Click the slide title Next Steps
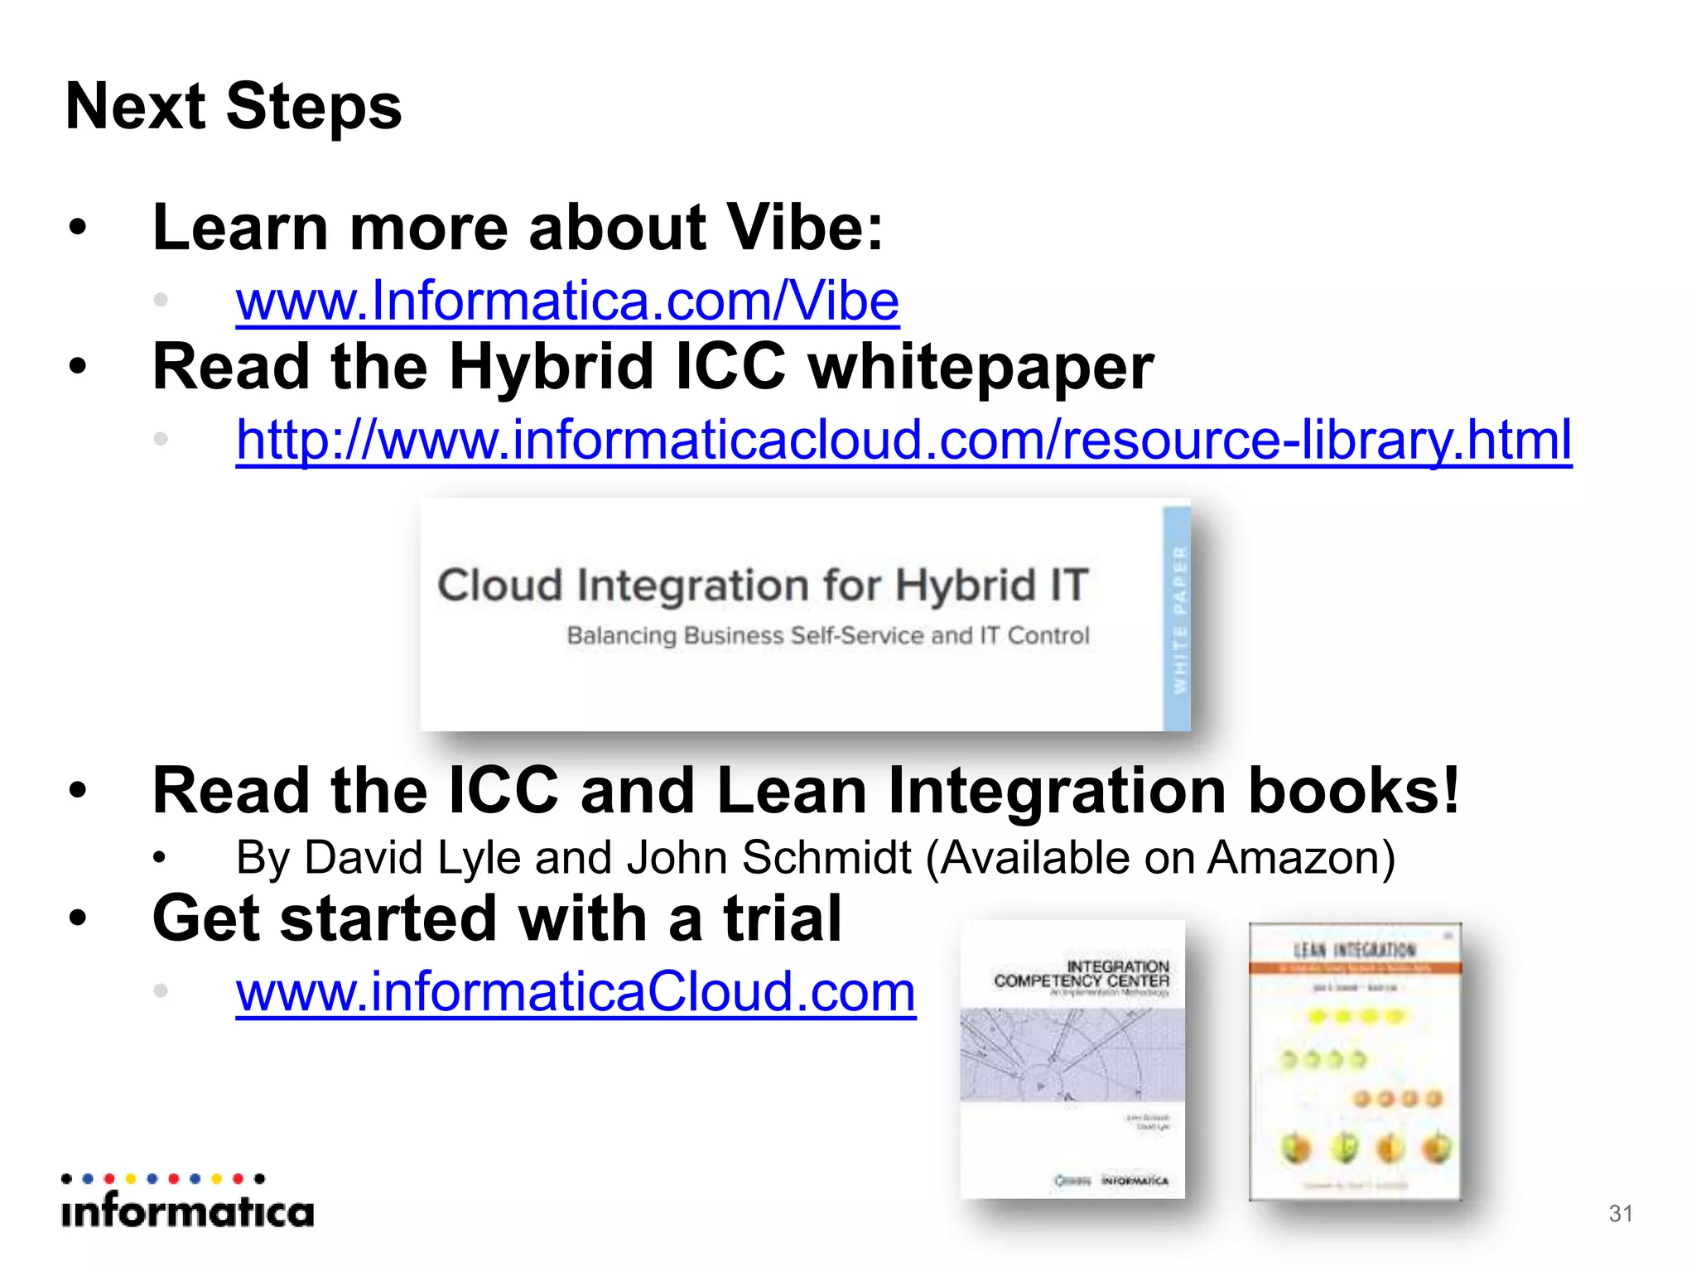point(234,107)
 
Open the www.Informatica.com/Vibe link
point(567,301)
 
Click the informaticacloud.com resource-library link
point(903,440)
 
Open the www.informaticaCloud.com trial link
point(576,992)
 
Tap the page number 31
point(1620,1213)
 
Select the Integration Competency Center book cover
point(1072,1059)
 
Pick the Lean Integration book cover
point(1356,1061)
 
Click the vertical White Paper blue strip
point(1177,619)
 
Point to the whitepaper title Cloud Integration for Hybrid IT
point(763,585)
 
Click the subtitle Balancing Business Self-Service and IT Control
point(827,636)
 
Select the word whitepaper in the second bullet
point(980,368)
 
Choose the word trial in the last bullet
point(782,919)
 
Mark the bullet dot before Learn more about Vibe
point(78,228)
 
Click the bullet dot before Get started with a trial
point(78,918)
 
